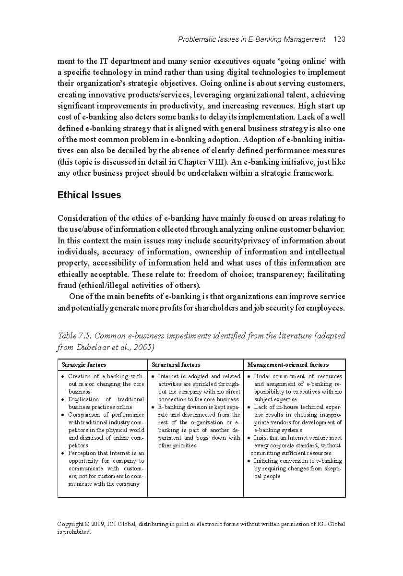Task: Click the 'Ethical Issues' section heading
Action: pos(89,195)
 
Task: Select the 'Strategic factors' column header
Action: pos(84,365)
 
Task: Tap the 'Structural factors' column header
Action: pos(176,365)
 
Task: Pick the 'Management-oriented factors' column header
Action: pos(288,365)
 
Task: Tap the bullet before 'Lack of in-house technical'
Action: pos(249,407)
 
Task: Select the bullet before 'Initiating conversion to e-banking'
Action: pos(249,461)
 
